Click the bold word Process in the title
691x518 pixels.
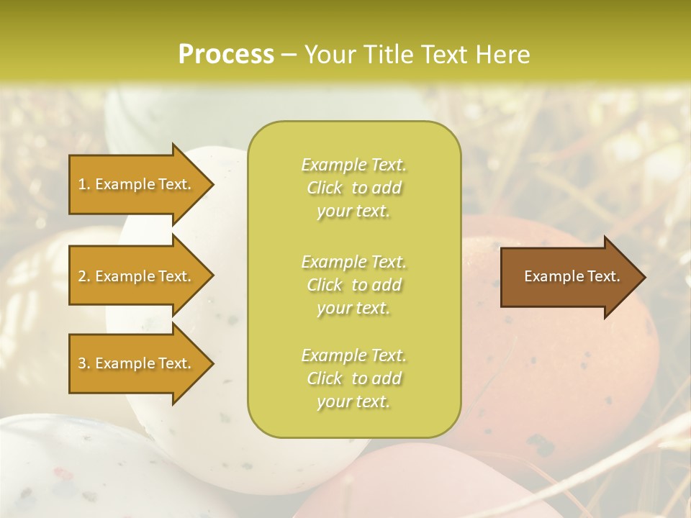point(226,55)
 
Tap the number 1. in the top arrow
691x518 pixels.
point(84,184)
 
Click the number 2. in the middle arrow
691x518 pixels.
point(84,276)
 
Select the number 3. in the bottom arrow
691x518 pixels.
point(84,363)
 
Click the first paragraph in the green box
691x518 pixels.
point(353,188)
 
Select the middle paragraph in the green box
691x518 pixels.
point(353,285)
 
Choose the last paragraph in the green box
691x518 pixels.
point(353,378)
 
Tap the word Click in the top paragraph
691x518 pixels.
point(325,188)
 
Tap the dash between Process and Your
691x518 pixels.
point(289,55)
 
